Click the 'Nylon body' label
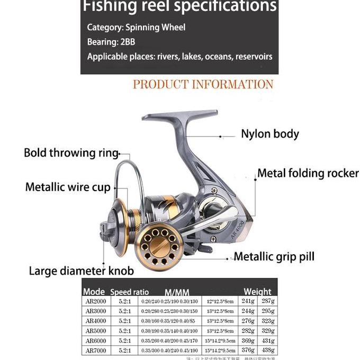(270, 134)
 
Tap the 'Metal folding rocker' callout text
(308, 174)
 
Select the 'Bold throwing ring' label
(71, 153)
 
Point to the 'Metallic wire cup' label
(68, 187)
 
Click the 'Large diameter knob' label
(81, 271)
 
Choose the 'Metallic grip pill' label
(274, 257)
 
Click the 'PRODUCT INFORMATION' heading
(203, 85)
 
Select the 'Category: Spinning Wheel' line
(136, 27)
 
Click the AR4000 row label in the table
(95, 321)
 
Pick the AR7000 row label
(95, 350)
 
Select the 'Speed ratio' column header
(129, 292)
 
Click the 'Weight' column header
(257, 292)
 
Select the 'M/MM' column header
(177, 292)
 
